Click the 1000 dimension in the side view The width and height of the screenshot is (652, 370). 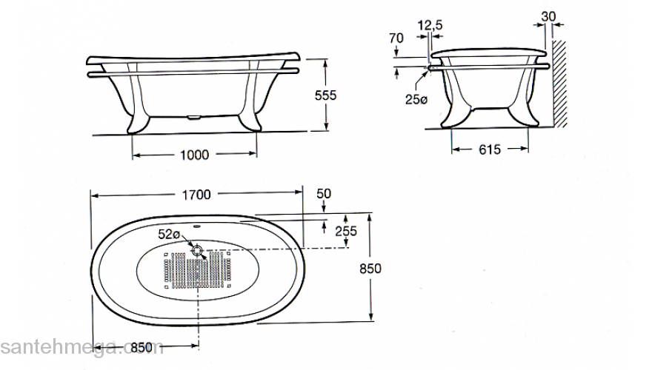click(195, 155)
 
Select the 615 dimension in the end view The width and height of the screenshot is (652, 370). click(489, 149)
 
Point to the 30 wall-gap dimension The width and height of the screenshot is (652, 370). click(548, 16)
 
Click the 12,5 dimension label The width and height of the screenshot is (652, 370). click(430, 26)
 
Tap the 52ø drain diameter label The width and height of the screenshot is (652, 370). click(169, 235)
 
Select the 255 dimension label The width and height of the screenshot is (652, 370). click(346, 231)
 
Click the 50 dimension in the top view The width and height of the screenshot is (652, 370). click(324, 194)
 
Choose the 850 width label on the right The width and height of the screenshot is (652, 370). click(370, 269)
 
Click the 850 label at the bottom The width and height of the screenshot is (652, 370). click(142, 346)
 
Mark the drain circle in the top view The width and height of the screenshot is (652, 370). click(197, 250)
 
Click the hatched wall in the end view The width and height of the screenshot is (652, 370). click(561, 81)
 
